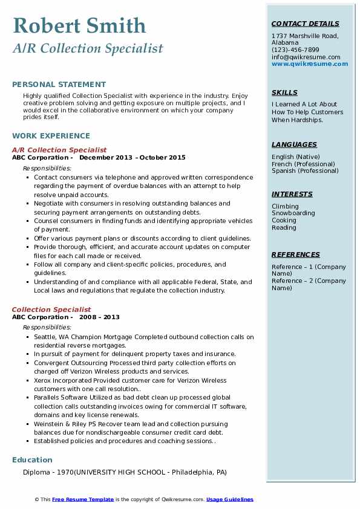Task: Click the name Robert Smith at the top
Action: (79, 26)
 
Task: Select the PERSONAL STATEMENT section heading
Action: (59, 85)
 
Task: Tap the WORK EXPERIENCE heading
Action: (51, 136)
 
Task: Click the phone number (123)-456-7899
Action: (295, 50)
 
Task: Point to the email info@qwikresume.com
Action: (306, 57)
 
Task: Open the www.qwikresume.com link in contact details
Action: (310, 64)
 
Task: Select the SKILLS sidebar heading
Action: (284, 92)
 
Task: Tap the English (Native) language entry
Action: (296, 157)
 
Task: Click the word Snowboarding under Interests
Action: (293, 213)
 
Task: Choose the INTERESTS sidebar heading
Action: (292, 194)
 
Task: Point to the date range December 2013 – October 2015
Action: (133, 158)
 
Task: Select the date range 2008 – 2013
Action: (99, 317)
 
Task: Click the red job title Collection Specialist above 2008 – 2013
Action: (51, 310)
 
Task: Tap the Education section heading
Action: (32, 460)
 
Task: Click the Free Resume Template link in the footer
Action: (83, 499)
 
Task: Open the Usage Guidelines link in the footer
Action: (230, 499)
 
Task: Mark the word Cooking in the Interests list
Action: (284, 221)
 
